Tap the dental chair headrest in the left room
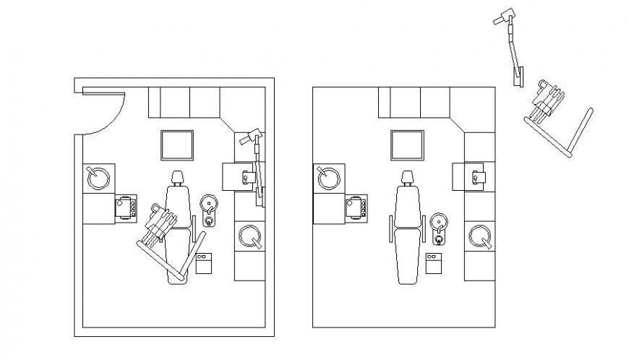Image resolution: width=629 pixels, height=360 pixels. pos(178,177)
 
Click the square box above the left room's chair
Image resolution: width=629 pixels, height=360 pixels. pos(177,145)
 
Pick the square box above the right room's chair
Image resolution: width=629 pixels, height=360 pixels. pos(407,145)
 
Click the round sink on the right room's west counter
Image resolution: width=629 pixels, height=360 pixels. pos(329,177)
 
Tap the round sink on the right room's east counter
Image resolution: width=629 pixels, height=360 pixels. pos(480,236)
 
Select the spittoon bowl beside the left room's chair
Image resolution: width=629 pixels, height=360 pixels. pos(209,202)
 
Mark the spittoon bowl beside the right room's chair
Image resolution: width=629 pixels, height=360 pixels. pos(439,222)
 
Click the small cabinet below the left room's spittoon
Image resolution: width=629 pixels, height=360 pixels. pos(205,262)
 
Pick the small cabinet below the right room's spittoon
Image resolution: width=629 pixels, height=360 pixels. pos(435,262)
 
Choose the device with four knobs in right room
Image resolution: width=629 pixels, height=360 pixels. pos(356,207)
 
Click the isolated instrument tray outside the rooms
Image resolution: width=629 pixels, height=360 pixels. pos(545,100)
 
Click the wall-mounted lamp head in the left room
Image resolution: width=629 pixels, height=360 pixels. pos(252,134)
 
